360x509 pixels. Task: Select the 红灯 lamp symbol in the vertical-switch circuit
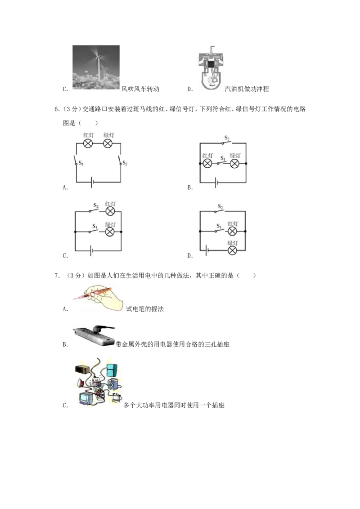point(89,143)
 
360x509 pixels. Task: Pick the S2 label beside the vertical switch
point(125,163)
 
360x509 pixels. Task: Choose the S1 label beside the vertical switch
point(81,163)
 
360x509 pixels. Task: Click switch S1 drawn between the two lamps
point(221,163)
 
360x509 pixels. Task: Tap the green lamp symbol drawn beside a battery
point(232,250)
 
